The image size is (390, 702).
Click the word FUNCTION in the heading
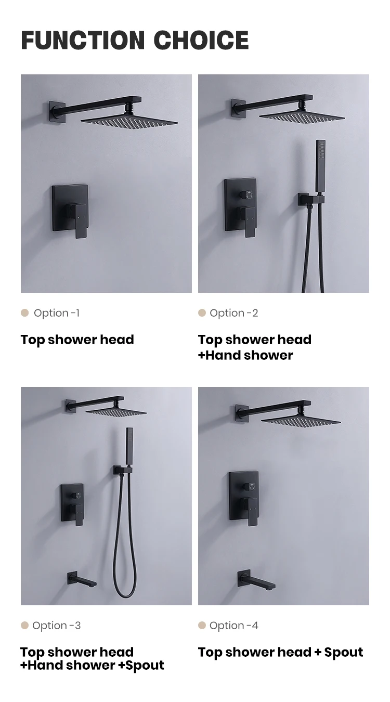pos(83,41)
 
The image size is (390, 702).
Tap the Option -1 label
pos(57,313)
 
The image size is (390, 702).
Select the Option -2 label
pos(234,313)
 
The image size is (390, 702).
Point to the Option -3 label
pos(57,626)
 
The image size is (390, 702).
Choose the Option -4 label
pos(234,626)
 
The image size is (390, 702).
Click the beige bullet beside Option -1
pos(24,313)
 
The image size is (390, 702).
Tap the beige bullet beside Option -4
pos(202,625)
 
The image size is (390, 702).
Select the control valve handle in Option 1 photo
pos(81,219)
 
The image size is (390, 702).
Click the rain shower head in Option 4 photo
pos(301,419)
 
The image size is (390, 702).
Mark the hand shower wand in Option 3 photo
pos(129,447)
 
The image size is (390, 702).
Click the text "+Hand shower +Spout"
pos(92,665)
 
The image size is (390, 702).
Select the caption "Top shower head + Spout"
pos(280,652)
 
